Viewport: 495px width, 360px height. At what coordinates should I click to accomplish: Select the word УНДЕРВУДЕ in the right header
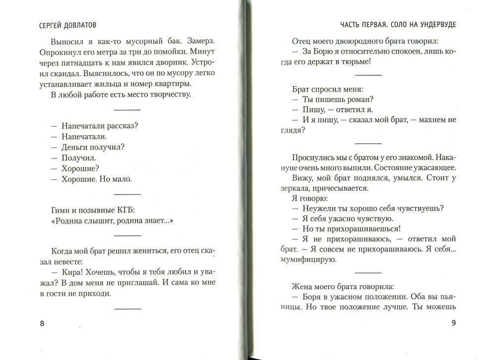pos(435,24)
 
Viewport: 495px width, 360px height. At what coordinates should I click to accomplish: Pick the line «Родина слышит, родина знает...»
pos(108,220)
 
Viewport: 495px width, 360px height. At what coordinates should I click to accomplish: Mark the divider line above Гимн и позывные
pos(128,193)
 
